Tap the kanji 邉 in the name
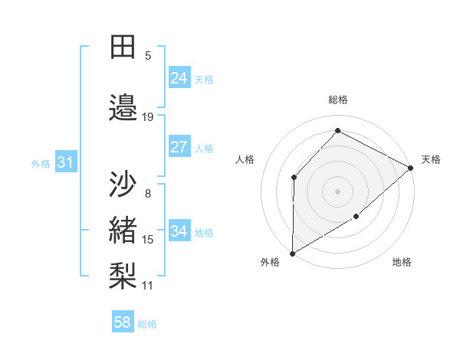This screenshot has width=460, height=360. (123, 107)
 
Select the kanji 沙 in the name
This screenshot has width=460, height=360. (123, 185)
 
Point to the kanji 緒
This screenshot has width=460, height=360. (123, 230)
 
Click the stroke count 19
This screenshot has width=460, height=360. (148, 117)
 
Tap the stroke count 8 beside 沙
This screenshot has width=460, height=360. (148, 194)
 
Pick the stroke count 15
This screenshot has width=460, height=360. (148, 240)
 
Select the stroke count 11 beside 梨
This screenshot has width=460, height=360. (148, 286)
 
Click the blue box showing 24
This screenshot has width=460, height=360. (179, 78)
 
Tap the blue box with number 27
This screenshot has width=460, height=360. (179, 147)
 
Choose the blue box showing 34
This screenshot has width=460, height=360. (179, 231)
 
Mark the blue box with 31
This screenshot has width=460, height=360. (65, 162)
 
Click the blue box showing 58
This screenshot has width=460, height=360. (123, 322)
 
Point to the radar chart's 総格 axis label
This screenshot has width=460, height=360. (338, 100)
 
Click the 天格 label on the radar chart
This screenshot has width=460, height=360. (431, 159)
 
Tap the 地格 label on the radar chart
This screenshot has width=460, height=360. (402, 263)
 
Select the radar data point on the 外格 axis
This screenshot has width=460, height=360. (292, 253)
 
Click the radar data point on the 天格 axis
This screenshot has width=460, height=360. (411, 168)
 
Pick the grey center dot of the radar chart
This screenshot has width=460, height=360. (337, 191)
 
